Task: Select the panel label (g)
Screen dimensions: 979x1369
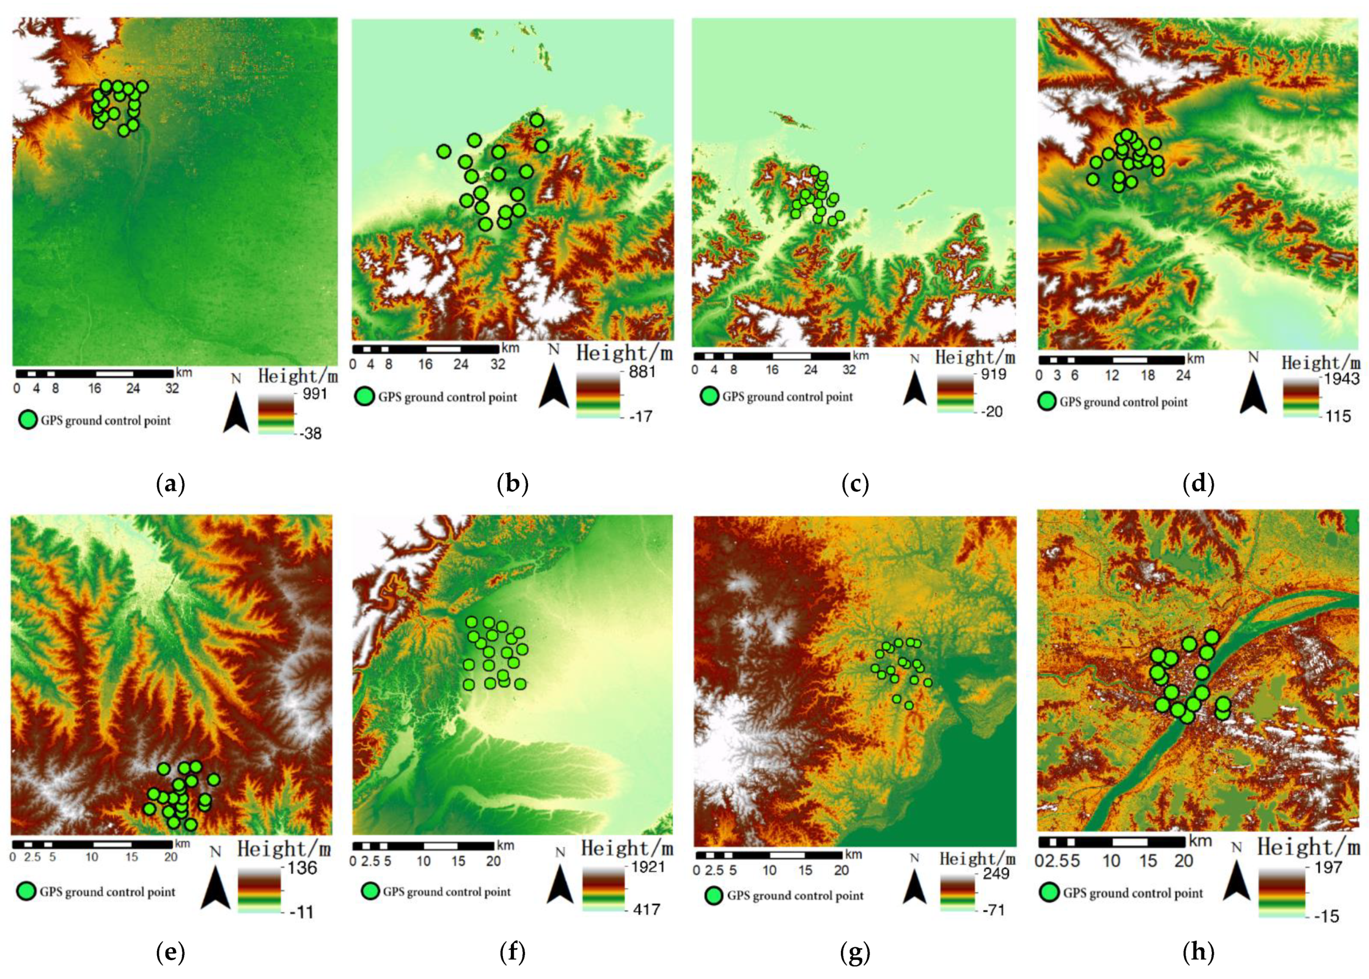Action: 855,953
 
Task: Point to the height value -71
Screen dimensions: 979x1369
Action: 992,909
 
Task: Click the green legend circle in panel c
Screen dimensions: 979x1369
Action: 709,396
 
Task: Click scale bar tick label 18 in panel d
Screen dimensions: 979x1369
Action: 1147,376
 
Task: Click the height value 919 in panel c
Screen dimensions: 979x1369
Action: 993,374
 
